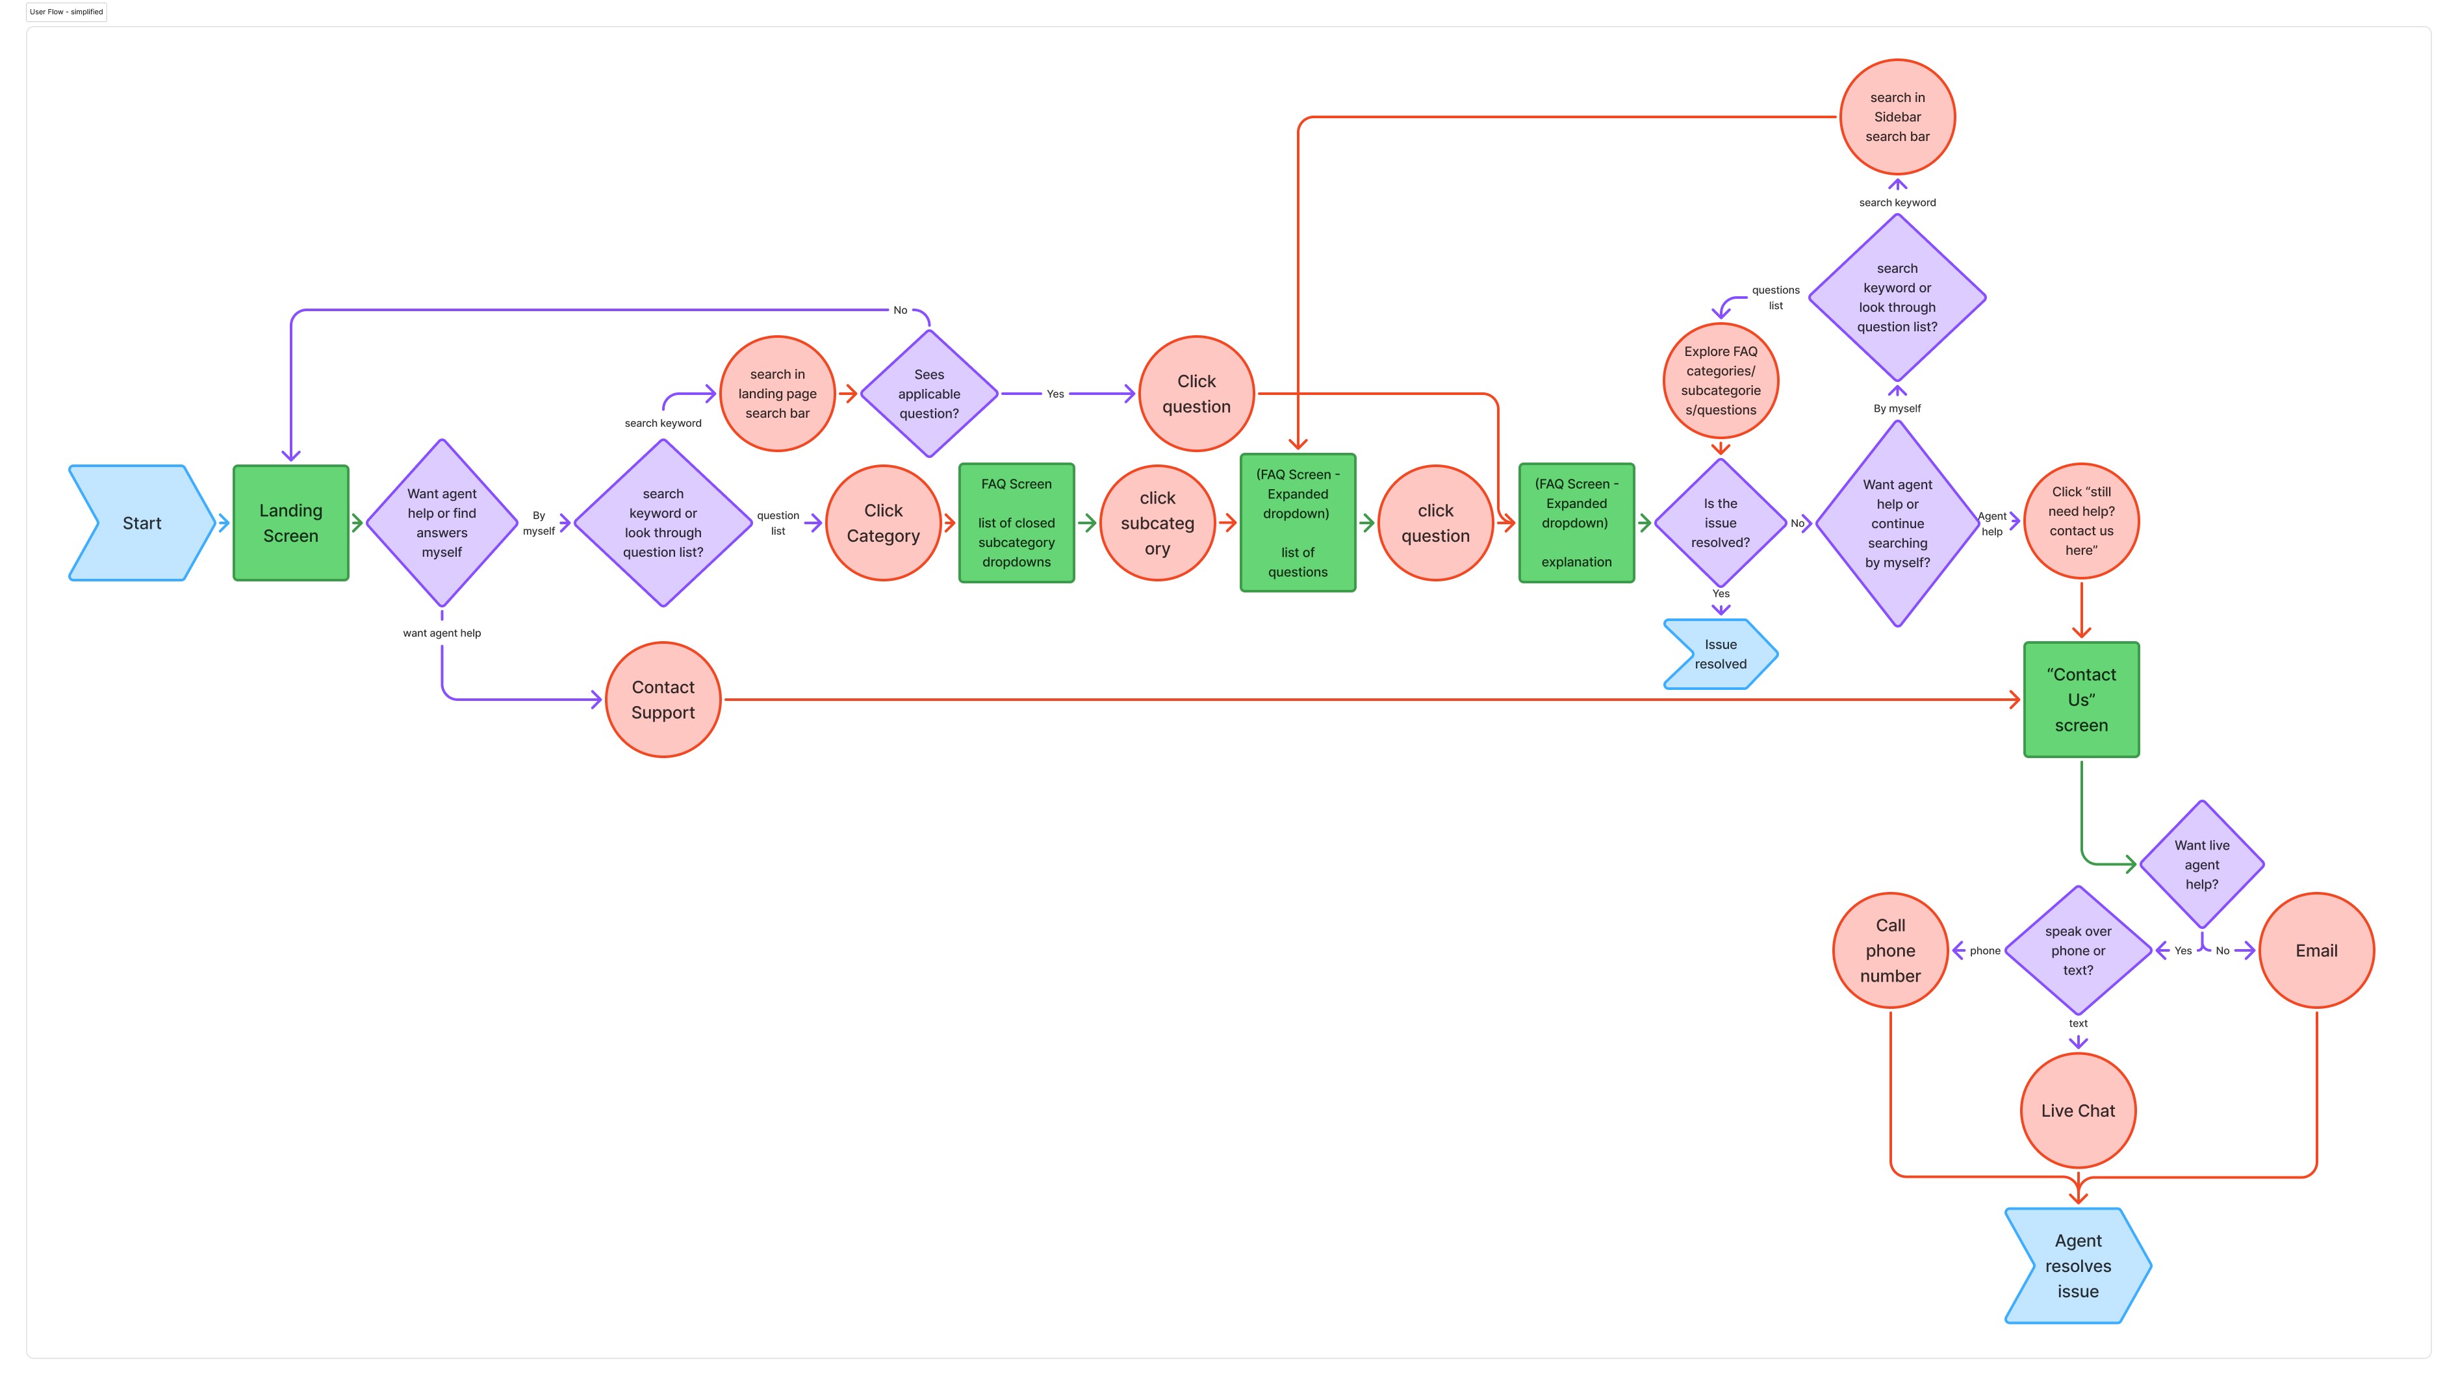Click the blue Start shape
(141, 523)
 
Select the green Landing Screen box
(291, 523)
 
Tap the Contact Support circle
(663, 699)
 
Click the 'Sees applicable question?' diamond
(928, 394)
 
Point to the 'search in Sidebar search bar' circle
(1897, 116)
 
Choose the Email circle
(2316, 950)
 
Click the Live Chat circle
(2077, 1110)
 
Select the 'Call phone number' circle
(1890, 950)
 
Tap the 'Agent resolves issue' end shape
(2077, 1265)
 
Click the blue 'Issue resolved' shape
(1721, 654)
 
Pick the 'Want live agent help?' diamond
(2201, 864)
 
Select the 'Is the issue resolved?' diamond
(1721, 523)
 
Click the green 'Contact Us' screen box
(2081, 699)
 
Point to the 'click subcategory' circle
(1157, 523)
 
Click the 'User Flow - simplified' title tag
(67, 12)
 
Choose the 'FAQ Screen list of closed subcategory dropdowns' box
(1016, 523)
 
